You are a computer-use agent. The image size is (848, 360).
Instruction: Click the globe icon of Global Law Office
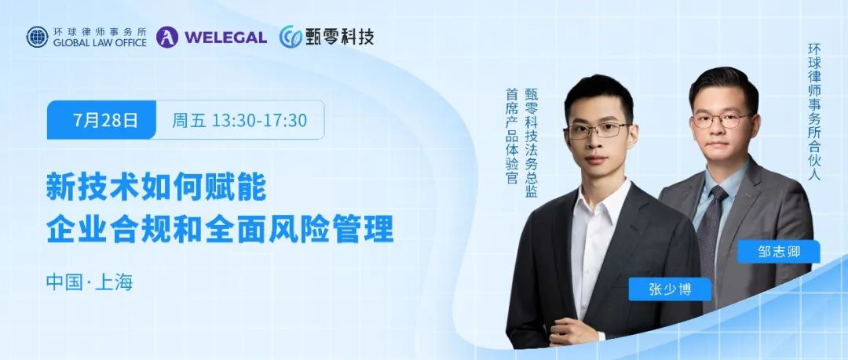point(38,38)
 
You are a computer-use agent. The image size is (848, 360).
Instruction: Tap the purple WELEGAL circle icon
point(167,38)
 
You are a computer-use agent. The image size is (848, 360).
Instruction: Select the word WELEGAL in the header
point(225,38)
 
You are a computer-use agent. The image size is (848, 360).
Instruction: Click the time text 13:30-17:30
point(260,120)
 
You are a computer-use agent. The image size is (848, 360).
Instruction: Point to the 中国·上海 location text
point(90,282)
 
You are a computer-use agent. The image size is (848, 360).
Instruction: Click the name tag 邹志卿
point(779,251)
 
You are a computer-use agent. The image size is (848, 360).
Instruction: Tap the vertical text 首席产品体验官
point(512,136)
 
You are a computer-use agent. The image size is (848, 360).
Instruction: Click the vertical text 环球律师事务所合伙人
point(814,111)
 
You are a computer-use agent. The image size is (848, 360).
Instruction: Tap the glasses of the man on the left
point(598,130)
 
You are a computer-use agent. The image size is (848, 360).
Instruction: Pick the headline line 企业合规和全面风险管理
point(220,229)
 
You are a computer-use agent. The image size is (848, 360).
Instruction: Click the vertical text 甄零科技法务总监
point(531,142)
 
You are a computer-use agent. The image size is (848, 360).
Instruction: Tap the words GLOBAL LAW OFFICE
point(100,42)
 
